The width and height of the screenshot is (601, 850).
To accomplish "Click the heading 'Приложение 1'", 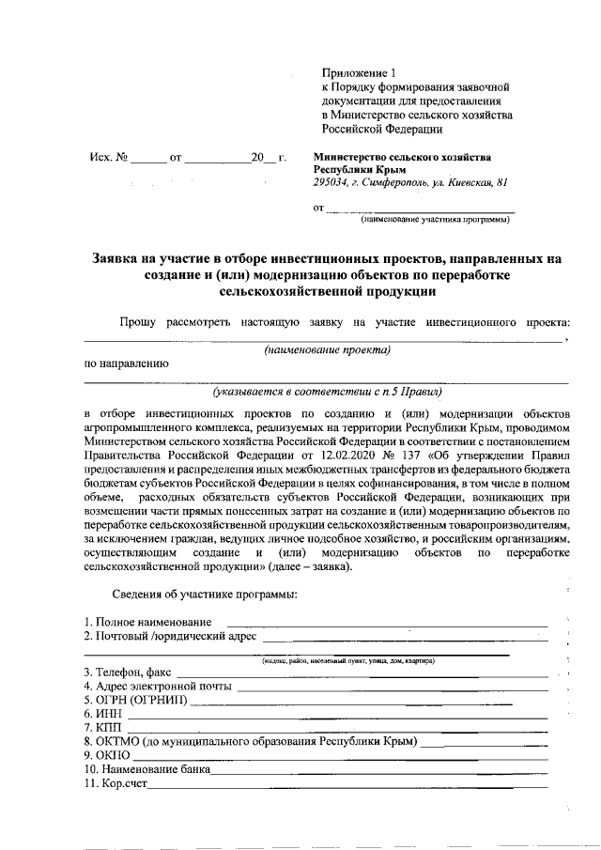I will [361, 72].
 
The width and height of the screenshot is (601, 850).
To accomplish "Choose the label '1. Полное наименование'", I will [147, 622].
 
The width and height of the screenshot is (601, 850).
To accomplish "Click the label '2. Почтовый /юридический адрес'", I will [169, 637].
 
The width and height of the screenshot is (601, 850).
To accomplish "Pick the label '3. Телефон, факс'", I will [128, 672].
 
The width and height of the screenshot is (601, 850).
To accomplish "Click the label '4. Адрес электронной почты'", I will [157, 686].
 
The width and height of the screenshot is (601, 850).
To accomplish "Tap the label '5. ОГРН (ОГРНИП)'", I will [135, 700].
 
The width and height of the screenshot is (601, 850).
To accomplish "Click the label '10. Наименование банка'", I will [146, 769].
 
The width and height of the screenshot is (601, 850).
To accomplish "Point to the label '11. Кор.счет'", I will [116, 783].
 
